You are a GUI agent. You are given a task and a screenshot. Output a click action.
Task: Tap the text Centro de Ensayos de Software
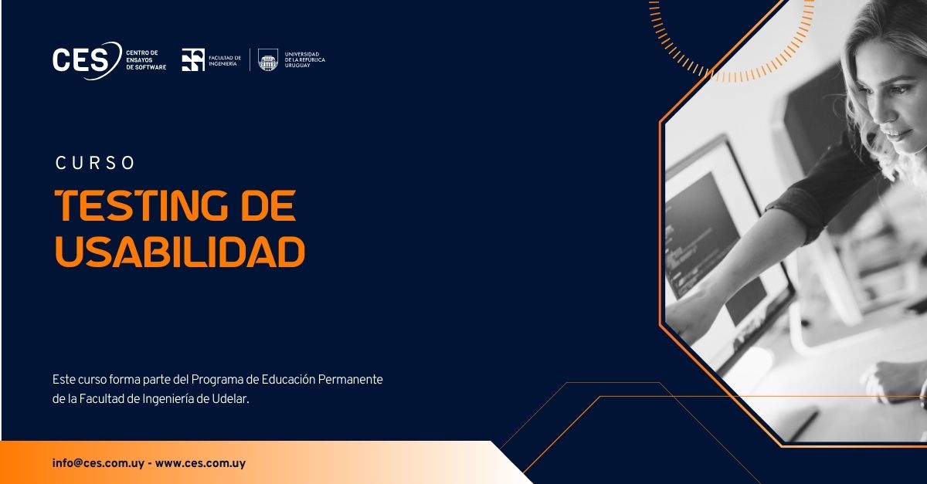point(146,60)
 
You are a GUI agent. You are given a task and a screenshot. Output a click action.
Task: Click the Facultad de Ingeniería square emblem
point(193,60)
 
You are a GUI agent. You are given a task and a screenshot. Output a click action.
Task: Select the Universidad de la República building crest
point(268,60)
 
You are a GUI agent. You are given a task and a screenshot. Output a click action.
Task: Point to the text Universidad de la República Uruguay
point(305,60)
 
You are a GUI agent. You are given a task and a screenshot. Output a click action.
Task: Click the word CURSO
point(95,163)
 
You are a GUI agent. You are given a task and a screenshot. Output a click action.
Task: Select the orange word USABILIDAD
point(181,251)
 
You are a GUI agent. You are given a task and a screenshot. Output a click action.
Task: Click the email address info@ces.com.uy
point(98,463)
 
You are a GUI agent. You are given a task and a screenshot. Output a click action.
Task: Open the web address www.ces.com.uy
point(200,463)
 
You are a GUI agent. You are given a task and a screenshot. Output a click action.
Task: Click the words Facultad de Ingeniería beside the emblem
point(225,61)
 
